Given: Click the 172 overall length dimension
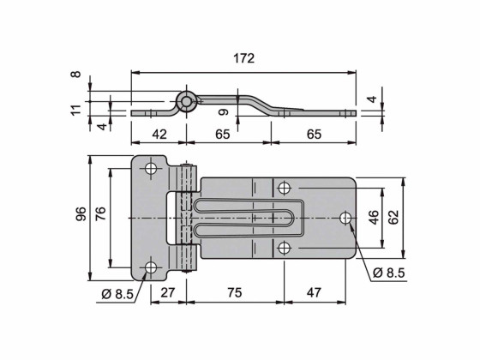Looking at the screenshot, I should click(x=244, y=59).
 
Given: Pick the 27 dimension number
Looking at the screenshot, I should click(x=168, y=293).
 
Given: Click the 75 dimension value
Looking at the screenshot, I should click(x=235, y=293).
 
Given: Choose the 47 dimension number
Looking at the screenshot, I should click(x=314, y=293).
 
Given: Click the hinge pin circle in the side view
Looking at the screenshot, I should click(x=185, y=102).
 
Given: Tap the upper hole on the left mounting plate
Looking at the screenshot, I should click(x=151, y=169).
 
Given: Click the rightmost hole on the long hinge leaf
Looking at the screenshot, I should click(x=345, y=219).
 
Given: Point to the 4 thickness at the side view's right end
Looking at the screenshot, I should click(x=371, y=99).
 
